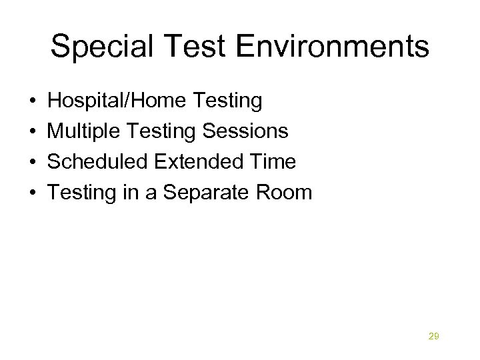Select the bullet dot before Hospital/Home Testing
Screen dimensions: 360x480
pos(33,102)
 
